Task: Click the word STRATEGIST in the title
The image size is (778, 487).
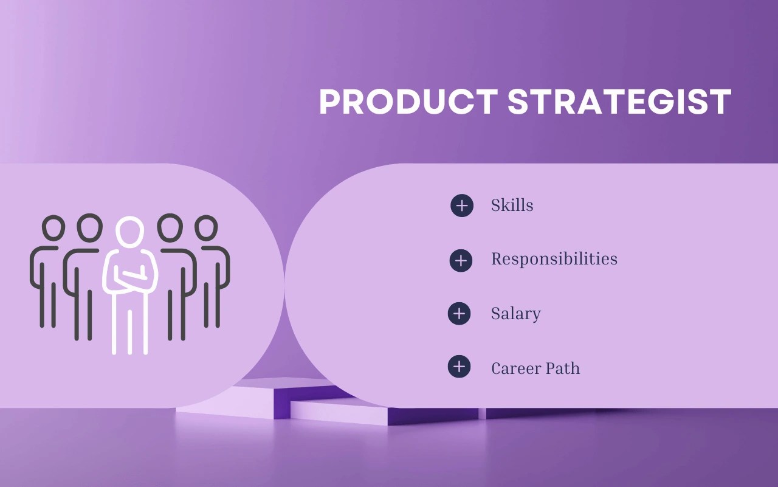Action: click(x=619, y=102)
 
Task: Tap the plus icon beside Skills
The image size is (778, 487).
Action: click(x=462, y=206)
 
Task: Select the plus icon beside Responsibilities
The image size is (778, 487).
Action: click(x=461, y=260)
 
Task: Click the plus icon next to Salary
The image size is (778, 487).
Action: click(x=459, y=314)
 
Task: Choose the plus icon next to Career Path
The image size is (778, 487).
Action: click(x=459, y=367)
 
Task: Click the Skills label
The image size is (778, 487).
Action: click(x=512, y=206)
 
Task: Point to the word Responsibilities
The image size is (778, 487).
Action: click(x=554, y=259)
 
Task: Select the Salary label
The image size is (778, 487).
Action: click(x=515, y=314)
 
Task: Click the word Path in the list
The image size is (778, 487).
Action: click(x=562, y=368)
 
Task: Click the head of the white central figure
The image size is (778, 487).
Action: click(x=129, y=232)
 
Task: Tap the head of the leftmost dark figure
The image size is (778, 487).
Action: click(x=53, y=228)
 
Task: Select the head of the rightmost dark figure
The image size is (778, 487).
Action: click(x=206, y=228)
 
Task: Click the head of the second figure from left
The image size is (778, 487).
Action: click(x=90, y=226)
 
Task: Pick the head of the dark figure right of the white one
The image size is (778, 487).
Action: click(x=170, y=227)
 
